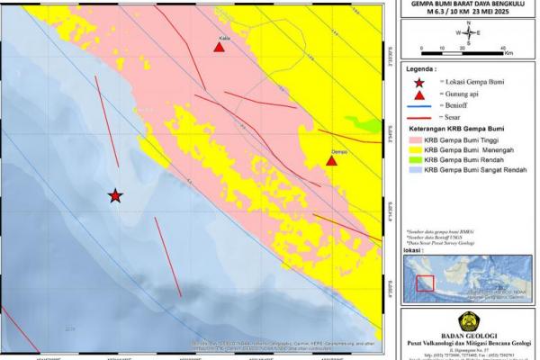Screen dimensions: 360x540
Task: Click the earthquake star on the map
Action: pos(115,195)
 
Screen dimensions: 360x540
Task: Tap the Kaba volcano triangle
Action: pos(219,47)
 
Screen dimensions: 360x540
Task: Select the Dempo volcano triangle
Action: pos(331,161)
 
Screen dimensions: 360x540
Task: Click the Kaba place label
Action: pos(224,38)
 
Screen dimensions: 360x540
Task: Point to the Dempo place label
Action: pos(338,152)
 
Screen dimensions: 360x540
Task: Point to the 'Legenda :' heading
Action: pos(422,67)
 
